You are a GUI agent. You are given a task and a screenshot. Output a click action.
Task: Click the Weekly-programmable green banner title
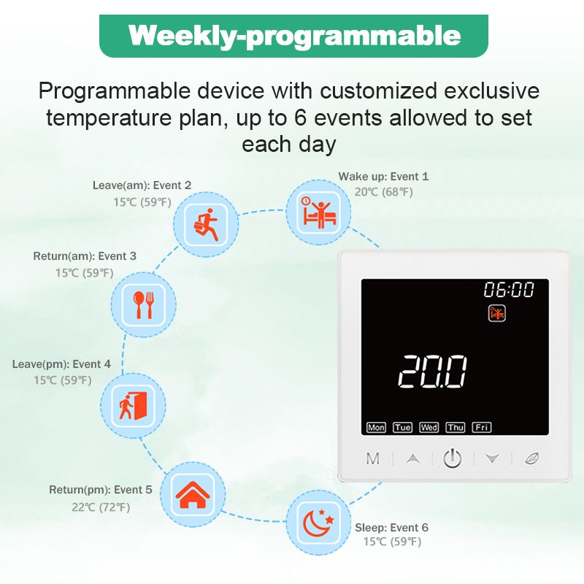tap(294, 36)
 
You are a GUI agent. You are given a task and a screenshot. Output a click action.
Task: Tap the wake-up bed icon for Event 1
tap(319, 212)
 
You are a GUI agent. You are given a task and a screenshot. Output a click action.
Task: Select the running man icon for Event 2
tap(206, 225)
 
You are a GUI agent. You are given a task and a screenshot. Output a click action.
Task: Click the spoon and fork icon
tap(143, 304)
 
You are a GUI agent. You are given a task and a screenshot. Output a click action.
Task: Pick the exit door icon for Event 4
tap(133, 406)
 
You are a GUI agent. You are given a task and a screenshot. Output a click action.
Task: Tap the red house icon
tap(193, 495)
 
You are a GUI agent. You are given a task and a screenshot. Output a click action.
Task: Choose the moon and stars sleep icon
tap(319, 523)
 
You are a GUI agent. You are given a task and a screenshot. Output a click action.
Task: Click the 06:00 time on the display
tap(509, 289)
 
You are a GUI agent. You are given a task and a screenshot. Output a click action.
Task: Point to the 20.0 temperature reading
tap(432, 372)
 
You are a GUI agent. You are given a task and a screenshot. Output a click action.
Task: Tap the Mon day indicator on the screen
tap(376, 427)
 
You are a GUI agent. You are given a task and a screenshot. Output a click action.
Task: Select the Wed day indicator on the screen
tap(429, 427)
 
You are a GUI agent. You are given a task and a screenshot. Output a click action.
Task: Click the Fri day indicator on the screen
tap(482, 427)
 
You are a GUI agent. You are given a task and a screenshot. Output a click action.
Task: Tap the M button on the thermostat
tap(373, 459)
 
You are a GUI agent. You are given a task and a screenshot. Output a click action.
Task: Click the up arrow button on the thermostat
tap(412, 458)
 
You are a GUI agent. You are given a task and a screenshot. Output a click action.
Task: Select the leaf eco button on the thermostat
tap(531, 458)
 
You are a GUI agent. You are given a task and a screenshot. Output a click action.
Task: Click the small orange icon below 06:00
tap(497, 313)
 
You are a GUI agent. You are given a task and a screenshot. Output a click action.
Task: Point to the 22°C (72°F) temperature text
tap(101, 507)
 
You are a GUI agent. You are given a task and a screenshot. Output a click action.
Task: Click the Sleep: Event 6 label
tap(391, 528)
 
